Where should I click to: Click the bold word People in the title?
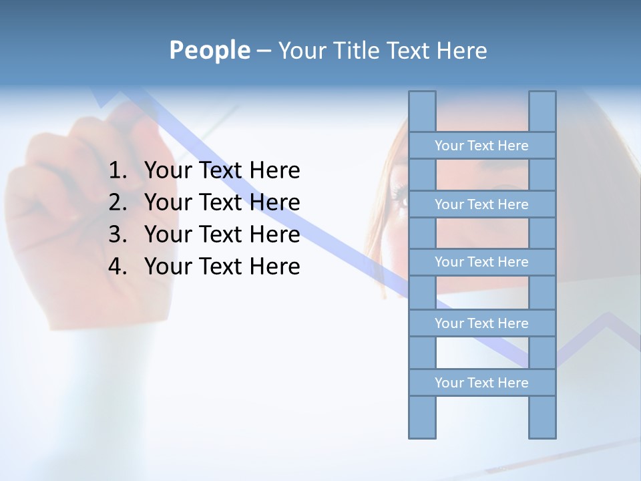[x=209, y=51]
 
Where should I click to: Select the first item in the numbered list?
[x=222, y=171]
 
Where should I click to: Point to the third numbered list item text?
[x=222, y=234]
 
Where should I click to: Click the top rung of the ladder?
[x=481, y=146]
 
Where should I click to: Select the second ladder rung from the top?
[x=481, y=204]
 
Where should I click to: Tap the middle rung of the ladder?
[x=481, y=262]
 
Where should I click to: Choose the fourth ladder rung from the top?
[x=481, y=323]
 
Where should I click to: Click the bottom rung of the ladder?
[x=481, y=383]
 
